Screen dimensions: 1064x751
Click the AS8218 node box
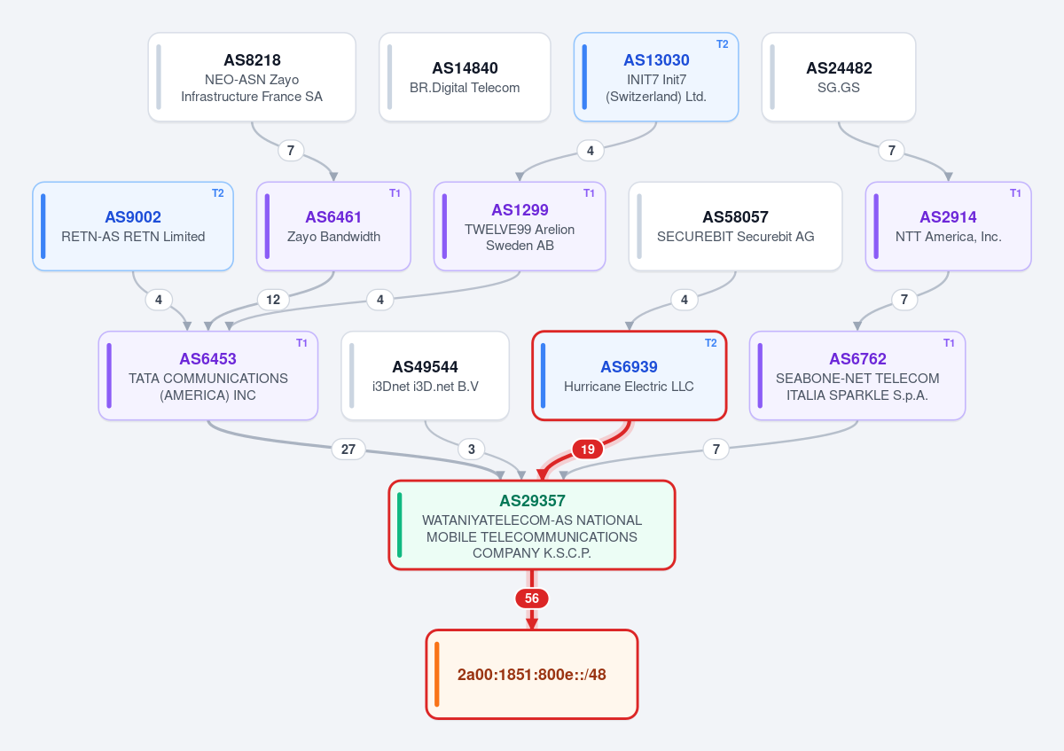tap(252, 77)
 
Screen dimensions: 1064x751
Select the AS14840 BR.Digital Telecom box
tap(465, 77)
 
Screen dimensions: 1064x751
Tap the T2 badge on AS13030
tap(722, 44)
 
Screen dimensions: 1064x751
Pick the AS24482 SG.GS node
tap(839, 77)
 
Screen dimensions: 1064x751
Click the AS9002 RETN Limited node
tap(133, 226)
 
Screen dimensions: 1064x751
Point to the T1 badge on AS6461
tap(395, 193)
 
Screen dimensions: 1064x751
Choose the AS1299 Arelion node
tap(520, 226)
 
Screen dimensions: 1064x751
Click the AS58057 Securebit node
tap(735, 226)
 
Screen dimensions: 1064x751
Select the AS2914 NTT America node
tap(948, 226)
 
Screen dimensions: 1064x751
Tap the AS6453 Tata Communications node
tap(208, 376)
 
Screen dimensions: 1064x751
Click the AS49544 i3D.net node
tap(425, 376)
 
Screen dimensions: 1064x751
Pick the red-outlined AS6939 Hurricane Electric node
tap(629, 376)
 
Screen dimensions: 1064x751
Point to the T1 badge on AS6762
tap(949, 343)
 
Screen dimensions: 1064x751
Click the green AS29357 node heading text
tap(532, 501)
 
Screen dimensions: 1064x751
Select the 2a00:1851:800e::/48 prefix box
tap(531, 675)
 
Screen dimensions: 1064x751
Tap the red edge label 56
tap(531, 598)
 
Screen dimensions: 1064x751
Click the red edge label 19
tap(588, 449)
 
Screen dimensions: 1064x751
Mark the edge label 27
tap(348, 449)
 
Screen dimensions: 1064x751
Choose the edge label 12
tap(273, 300)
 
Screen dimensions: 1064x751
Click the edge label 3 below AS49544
tap(471, 449)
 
